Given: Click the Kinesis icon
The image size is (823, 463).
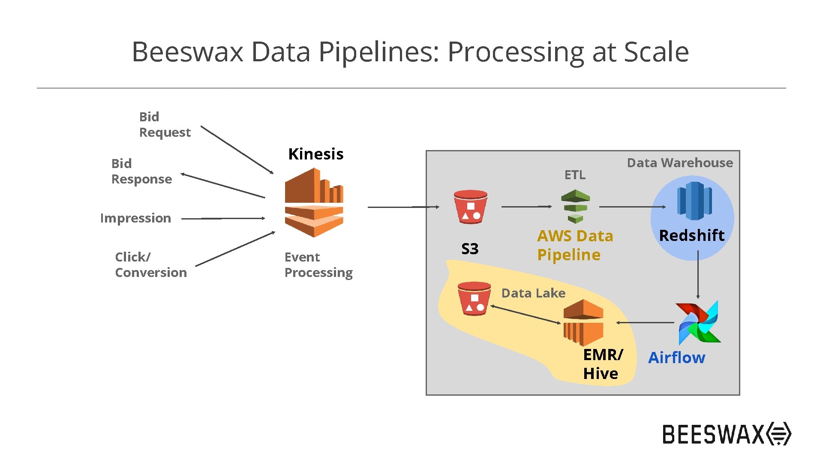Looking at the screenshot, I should (x=314, y=203).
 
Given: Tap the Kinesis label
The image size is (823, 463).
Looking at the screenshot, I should (x=316, y=154).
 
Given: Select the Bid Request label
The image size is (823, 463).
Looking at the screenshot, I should (x=165, y=124).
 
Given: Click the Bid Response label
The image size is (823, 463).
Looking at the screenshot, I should (x=141, y=171).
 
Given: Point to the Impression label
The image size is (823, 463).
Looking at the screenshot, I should (x=135, y=218).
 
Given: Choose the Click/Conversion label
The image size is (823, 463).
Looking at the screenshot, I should (x=151, y=265).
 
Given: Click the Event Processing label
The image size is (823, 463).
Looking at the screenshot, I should (x=318, y=265).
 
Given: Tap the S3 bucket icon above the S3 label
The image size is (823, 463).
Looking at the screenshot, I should (x=471, y=207).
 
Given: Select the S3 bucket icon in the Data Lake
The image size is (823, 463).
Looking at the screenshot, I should (x=474, y=298).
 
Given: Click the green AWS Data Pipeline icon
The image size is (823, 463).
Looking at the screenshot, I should (x=575, y=207).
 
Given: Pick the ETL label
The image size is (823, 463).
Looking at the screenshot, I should (x=575, y=175).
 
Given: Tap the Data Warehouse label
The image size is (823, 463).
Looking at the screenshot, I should (x=680, y=163).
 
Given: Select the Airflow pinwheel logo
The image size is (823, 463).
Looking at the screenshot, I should (x=698, y=322).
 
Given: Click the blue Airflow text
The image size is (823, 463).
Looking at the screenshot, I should (x=676, y=358).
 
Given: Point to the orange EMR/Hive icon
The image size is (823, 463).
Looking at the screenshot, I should (x=583, y=322).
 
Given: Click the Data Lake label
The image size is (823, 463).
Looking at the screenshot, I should (x=533, y=293).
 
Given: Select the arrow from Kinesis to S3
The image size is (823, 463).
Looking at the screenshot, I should (x=403, y=207).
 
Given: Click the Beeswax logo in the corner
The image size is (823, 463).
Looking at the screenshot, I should (x=727, y=434).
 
